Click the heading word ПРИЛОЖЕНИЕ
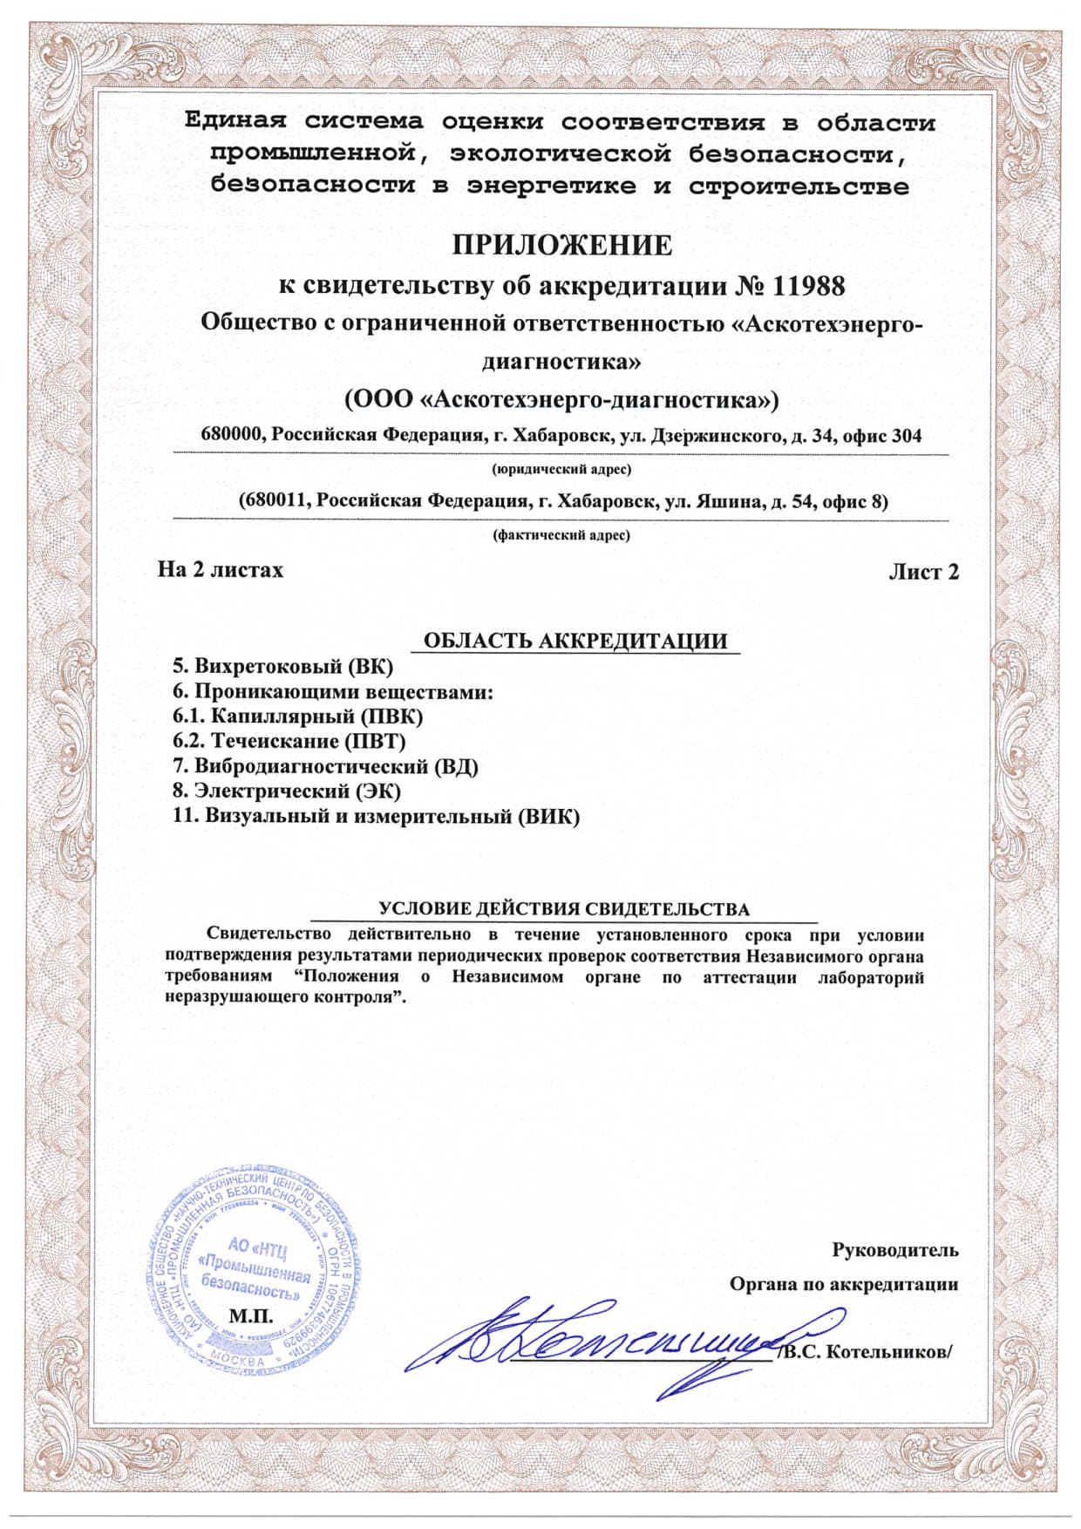point(562,246)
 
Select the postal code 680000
point(233,435)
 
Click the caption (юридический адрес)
point(561,470)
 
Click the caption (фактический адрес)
point(561,535)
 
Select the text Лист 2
point(923,572)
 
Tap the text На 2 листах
point(221,570)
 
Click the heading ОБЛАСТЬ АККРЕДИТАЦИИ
point(574,642)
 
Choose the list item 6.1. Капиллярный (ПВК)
point(298,717)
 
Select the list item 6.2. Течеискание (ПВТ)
point(289,742)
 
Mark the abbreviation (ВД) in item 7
point(456,767)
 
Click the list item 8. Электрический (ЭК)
point(287,792)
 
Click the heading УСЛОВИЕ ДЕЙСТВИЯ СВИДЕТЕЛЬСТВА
point(565,909)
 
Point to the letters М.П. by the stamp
point(250,1314)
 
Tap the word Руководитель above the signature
point(895,1250)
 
